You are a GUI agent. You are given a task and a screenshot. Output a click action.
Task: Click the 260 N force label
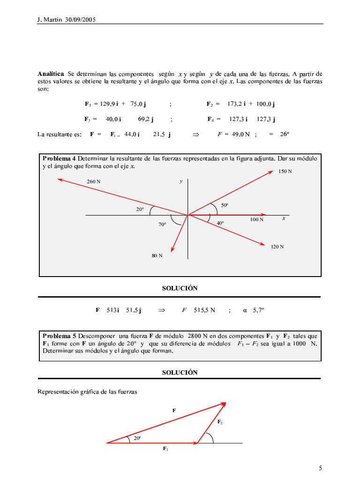(94, 181)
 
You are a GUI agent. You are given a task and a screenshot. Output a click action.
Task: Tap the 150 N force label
(285, 172)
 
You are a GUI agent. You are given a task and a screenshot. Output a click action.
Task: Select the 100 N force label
(256, 219)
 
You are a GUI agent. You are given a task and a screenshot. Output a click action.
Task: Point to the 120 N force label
(277, 247)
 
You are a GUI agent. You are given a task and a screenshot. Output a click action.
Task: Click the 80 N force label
(157, 256)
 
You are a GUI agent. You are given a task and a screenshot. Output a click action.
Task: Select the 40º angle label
(220, 223)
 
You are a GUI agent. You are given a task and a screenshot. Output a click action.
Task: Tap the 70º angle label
(162, 225)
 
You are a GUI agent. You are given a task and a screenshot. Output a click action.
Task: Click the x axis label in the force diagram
(284, 218)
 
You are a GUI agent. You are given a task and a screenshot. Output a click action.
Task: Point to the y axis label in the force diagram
(180, 181)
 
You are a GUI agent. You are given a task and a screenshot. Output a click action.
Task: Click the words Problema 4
(62, 158)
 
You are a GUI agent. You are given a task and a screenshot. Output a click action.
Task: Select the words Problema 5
(59, 336)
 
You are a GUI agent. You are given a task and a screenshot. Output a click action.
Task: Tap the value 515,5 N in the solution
(204, 310)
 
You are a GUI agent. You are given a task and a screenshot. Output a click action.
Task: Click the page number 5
(321, 468)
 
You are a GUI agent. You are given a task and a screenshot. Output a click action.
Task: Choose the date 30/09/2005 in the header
(79, 20)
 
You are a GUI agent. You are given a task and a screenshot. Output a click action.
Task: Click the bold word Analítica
(51, 74)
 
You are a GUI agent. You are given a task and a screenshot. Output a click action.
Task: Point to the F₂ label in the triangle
(220, 422)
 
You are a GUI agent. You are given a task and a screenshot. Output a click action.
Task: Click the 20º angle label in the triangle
(137, 438)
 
